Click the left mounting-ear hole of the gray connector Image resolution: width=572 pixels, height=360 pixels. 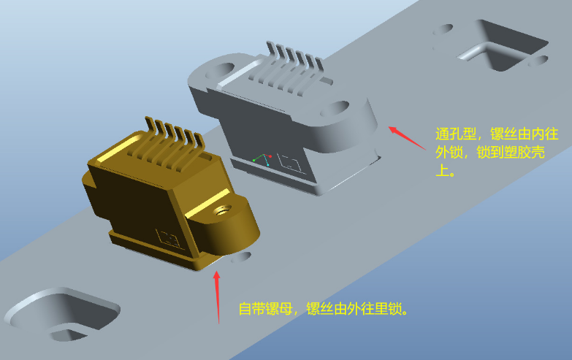click(222, 71)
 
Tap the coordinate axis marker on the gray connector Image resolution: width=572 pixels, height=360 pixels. click(263, 158)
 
